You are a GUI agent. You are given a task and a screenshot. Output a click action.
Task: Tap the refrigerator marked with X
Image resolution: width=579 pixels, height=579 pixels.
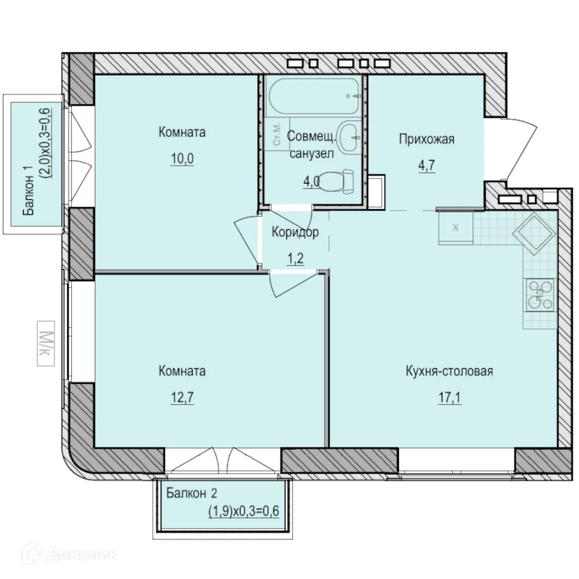pyautogui.click(x=456, y=227)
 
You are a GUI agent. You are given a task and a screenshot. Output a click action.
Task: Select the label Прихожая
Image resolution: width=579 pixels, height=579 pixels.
pyautogui.click(x=426, y=139)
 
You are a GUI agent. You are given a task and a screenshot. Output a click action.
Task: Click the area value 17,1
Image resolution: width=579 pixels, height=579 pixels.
pyautogui.click(x=450, y=398)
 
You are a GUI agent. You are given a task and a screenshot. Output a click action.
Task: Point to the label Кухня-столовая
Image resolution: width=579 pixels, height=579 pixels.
pyautogui.click(x=449, y=371)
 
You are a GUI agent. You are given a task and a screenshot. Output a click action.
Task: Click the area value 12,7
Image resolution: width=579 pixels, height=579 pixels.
pyautogui.click(x=182, y=398)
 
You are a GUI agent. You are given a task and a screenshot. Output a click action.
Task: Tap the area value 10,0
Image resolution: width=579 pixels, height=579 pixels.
pyautogui.click(x=182, y=159)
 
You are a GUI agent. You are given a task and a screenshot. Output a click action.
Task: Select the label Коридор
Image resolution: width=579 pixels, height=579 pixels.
pyautogui.click(x=295, y=233)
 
